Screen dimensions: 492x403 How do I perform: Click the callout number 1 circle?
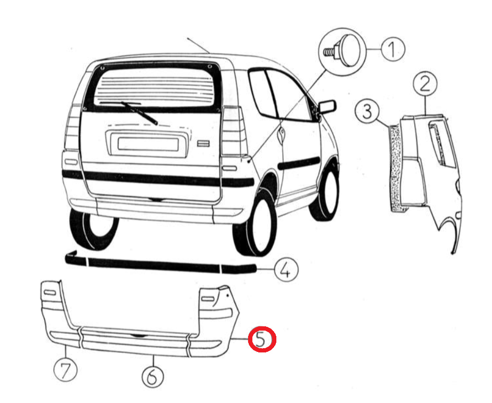pyautogui.click(x=393, y=49)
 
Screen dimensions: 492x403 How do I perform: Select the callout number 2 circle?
pyautogui.click(x=425, y=84)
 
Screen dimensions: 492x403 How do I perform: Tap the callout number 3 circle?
pyautogui.click(x=367, y=111)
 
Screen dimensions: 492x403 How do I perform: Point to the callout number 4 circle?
pyautogui.click(x=286, y=269)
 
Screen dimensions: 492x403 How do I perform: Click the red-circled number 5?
pyautogui.click(x=262, y=339)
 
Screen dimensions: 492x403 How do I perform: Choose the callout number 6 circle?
pyautogui.click(x=153, y=376)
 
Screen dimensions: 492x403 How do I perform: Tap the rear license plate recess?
pyautogui.click(x=148, y=144)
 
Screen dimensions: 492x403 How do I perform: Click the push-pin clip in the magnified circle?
pyautogui.click(x=343, y=51)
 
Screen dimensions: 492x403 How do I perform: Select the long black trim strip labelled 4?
pyautogui.click(x=161, y=264)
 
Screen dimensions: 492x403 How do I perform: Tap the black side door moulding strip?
pyautogui.click(x=298, y=163)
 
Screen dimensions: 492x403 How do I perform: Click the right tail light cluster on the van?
pyautogui.click(x=233, y=131)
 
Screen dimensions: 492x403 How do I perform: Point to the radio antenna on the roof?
pyautogui.click(x=198, y=45)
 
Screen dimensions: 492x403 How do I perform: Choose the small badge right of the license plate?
pyautogui.click(x=203, y=143)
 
